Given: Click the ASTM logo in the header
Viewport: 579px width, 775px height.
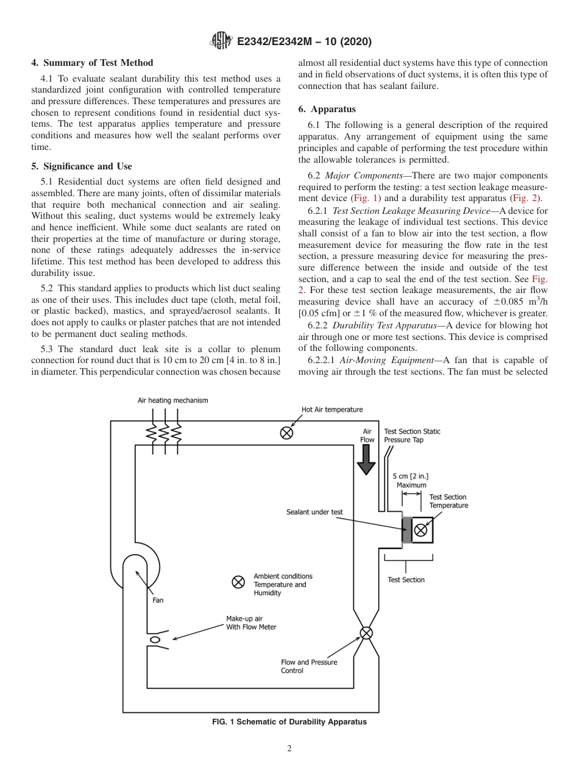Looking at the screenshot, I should click(x=220, y=41).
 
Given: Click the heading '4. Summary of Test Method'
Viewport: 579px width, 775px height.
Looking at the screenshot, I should click(x=92, y=63).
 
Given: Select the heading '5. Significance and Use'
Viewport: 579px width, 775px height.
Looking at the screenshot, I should click(x=82, y=166).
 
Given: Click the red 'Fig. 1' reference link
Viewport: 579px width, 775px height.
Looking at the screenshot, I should click(x=363, y=199).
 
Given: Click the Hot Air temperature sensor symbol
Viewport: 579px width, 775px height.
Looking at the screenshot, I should click(x=286, y=433).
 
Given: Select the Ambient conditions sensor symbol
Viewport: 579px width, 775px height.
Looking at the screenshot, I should click(x=238, y=582).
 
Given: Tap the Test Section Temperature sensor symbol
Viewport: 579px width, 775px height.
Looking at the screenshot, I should click(x=421, y=530).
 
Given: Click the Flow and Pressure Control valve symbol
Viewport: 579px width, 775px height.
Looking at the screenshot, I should click(x=366, y=633).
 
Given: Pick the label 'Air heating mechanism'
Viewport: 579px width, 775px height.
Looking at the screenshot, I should click(x=172, y=400).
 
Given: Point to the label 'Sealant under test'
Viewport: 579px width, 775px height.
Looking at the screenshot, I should click(x=314, y=512).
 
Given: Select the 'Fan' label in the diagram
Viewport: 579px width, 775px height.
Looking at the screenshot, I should click(x=158, y=600).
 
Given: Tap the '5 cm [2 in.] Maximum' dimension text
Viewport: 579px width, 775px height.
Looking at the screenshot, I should click(x=411, y=481).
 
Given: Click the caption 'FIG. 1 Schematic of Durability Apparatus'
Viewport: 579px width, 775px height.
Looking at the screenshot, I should click(x=289, y=722).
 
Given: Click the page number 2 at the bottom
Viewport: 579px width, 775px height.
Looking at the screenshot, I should click(x=289, y=749).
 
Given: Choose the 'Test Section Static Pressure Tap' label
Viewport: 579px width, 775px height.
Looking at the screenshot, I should click(x=412, y=435).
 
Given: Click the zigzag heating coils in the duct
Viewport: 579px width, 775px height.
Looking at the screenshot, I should click(x=164, y=433).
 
